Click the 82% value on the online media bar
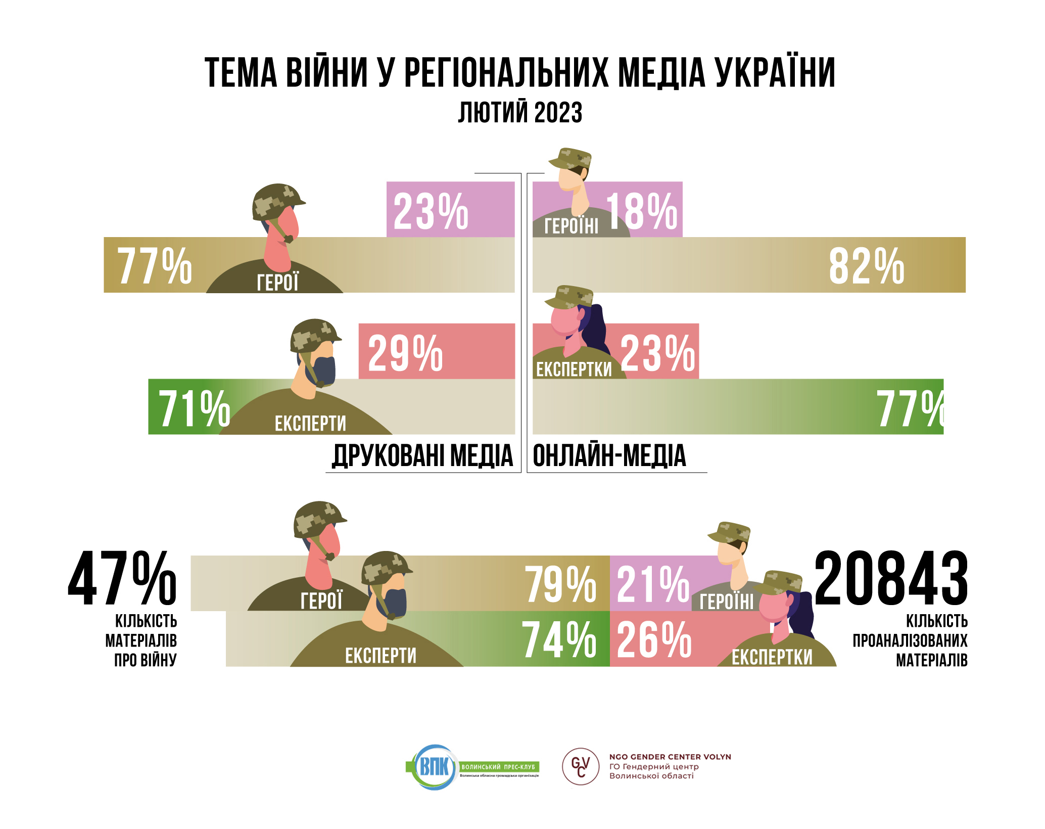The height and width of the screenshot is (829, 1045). point(867,266)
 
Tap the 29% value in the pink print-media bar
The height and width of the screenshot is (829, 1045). point(405,353)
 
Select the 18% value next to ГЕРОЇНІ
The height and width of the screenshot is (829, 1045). point(642,212)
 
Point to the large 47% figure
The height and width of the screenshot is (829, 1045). point(122,579)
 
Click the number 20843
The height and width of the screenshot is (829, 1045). point(891,579)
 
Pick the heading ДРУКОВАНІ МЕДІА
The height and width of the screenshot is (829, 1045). point(422,455)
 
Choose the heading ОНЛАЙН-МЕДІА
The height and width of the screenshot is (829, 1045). point(609,455)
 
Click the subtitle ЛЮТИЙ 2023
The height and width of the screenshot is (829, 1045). point(520,112)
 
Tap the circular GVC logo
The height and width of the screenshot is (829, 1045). point(581,767)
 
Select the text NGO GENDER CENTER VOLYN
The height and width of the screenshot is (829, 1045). point(670,757)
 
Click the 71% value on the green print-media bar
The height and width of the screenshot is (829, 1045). point(195,408)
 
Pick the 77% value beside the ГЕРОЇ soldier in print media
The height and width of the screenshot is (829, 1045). point(155,266)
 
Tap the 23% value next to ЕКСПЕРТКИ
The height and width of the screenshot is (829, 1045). point(657,353)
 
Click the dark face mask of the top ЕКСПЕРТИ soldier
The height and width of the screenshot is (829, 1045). point(325,372)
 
